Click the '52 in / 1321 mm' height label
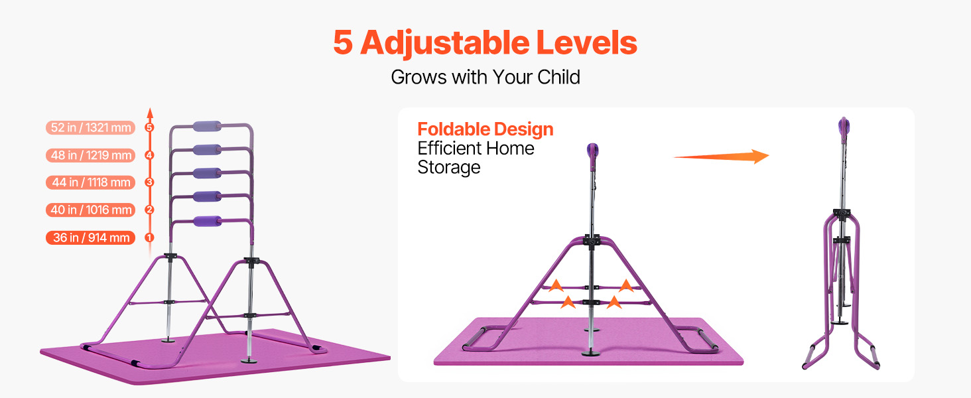coord(91,127)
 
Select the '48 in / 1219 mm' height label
coord(91,155)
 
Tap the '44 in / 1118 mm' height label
coord(91,182)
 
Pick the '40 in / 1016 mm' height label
coord(91,210)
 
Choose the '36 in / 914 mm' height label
coord(91,237)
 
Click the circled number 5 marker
coord(149,127)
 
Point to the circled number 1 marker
coord(149,237)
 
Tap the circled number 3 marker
coord(149,182)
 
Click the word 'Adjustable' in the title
coord(445,43)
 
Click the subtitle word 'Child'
coord(558,77)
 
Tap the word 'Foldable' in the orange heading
coord(454,129)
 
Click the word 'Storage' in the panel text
coord(448,168)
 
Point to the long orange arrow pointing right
coord(722,157)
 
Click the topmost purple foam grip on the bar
coord(207,127)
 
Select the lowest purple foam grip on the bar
coord(207,221)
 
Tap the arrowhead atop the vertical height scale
coord(150,113)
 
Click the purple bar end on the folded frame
coord(843,127)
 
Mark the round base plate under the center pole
coord(591,354)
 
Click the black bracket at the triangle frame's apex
coord(592,239)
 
